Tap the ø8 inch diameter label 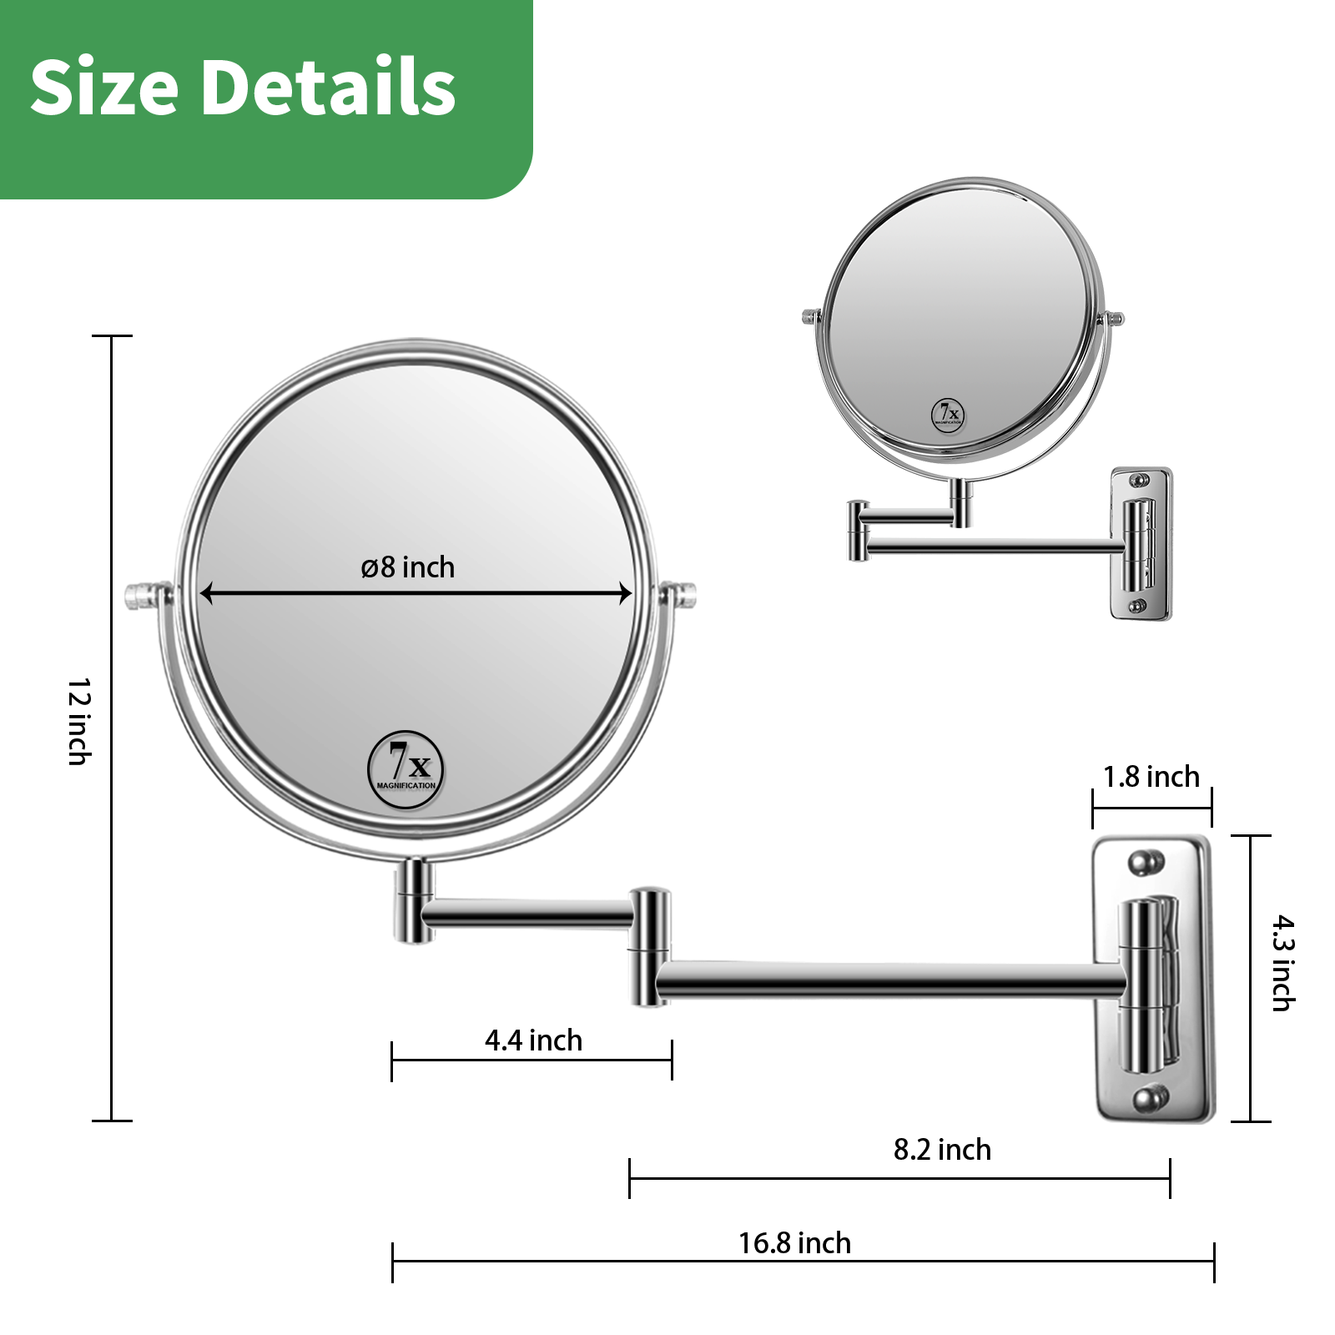[408, 567]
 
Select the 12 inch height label [79, 722]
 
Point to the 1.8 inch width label [1151, 777]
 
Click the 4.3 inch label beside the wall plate [1282, 963]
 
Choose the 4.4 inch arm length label [533, 1040]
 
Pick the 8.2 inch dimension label [942, 1150]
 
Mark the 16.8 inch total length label [794, 1243]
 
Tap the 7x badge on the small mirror [948, 415]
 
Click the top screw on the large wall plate [1145, 862]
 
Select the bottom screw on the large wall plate [1150, 1097]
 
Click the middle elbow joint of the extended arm [649, 947]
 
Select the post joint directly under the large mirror [414, 901]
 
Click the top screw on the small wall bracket [1138, 481]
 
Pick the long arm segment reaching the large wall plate [889, 980]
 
